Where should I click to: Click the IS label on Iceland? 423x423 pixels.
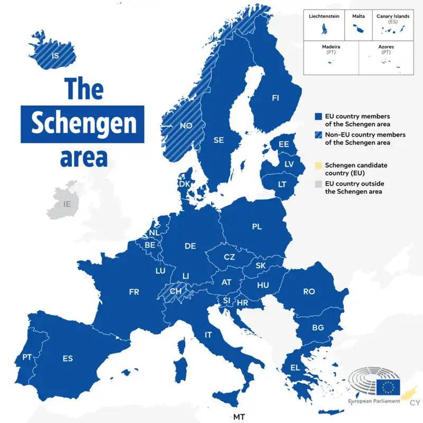pyautogui.click(x=54, y=55)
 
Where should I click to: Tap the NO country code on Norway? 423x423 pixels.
pyautogui.click(x=186, y=126)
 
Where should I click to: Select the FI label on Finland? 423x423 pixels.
pyautogui.click(x=275, y=98)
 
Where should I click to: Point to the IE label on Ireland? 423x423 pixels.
pyautogui.click(x=67, y=204)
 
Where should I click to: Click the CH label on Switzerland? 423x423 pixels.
pyautogui.click(x=176, y=291)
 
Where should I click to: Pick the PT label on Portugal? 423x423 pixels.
pyautogui.click(x=27, y=357)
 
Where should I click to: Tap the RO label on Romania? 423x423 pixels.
pyautogui.click(x=309, y=291)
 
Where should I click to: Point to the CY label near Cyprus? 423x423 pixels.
pyautogui.click(x=415, y=403)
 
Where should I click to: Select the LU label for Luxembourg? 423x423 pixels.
pyautogui.click(x=160, y=270)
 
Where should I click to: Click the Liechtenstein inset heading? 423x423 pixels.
pyautogui.click(x=324, y=16)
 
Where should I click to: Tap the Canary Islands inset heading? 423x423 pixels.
pyautogui.click(x=393, y=16)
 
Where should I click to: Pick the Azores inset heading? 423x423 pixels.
pyautogui.click(x=386, y=47)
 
